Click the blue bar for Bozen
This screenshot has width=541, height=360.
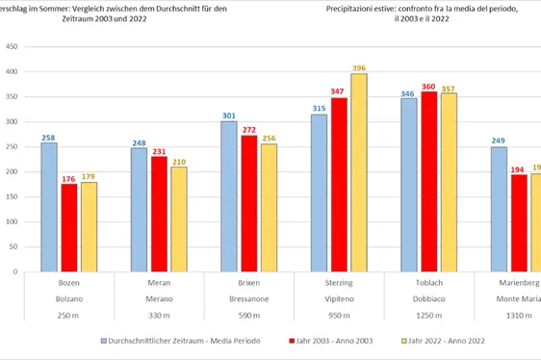click(x=48, y=207)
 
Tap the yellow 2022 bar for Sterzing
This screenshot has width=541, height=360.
click(x=359, y=172)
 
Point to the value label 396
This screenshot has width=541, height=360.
click(x=359, y=67)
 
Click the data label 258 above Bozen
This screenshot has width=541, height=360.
click(x=48, y=137)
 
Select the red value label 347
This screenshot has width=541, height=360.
click(x=338, y=91)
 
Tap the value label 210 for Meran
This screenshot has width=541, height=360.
click(x=179, y=161)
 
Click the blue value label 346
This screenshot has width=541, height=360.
click(x=408, y=93)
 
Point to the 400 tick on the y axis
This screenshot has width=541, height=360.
click(x=12, y=72)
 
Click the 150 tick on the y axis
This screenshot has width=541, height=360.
click(x=12, y=196)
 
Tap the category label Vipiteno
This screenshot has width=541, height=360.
click(x=339, y=299)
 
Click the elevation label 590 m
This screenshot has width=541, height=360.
click(x=248, y=316)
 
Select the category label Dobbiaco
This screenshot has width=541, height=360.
click(x=429, y=299)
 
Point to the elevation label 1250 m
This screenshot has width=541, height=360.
click(x=429, y=316)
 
